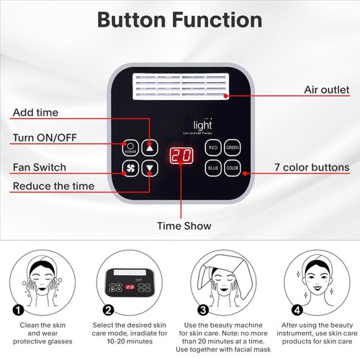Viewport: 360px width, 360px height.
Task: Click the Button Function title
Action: click(x=179, y=19)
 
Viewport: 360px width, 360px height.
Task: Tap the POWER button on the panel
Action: click(x=130, y=146)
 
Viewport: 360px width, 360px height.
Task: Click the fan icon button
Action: click(x=130, y=170)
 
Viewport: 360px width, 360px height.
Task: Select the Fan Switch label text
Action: click(x=39, y=167)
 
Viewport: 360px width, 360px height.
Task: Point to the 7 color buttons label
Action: click(x=311, y=168)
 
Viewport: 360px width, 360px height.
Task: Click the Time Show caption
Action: click(x=184, y=226)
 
